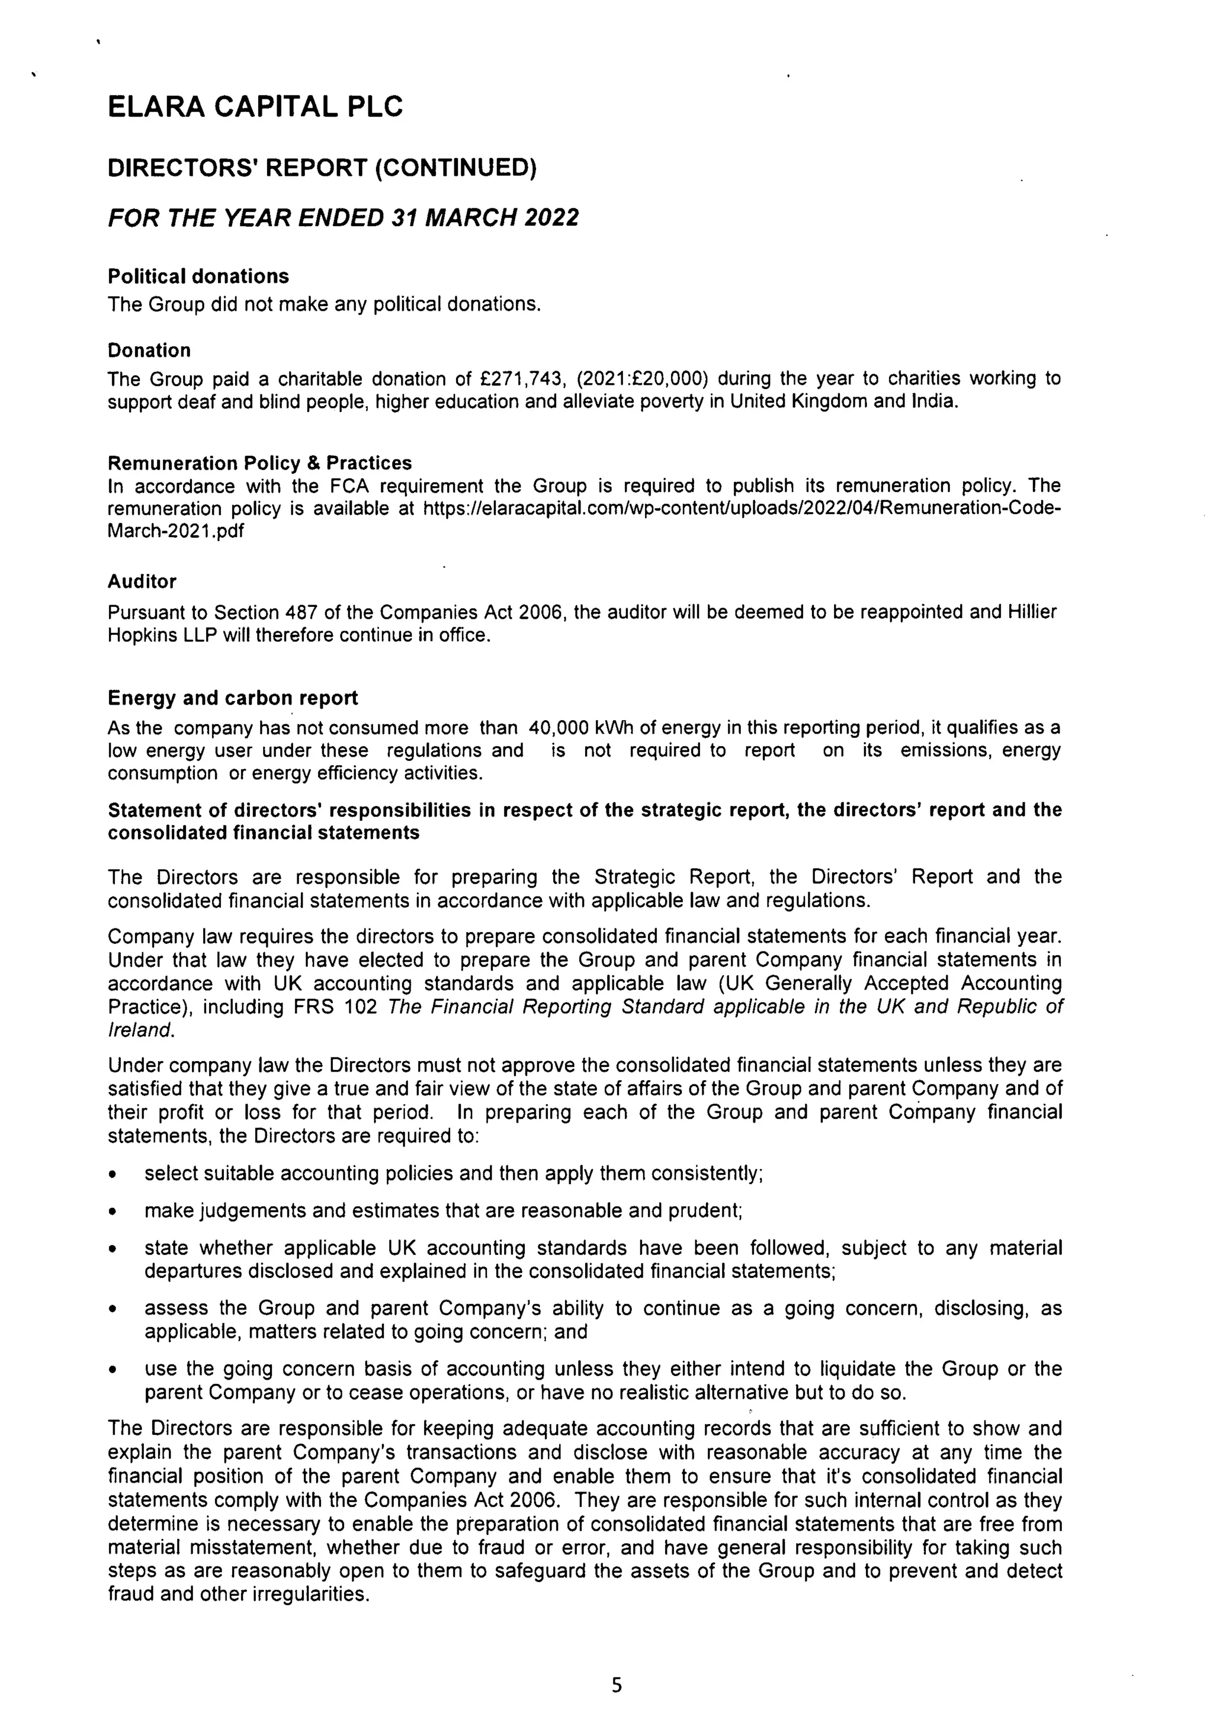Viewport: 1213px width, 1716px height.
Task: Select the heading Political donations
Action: (x=198, y=277)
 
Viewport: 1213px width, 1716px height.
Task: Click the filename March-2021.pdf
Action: (x=176, y=531)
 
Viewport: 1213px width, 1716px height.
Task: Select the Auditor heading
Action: (x=142, y=581)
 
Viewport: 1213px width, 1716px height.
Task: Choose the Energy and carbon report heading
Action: (x=232, y=698)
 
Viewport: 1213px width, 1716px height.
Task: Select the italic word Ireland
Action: (x=140, y=1030)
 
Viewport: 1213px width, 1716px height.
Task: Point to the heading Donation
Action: (x=149, y=351)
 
